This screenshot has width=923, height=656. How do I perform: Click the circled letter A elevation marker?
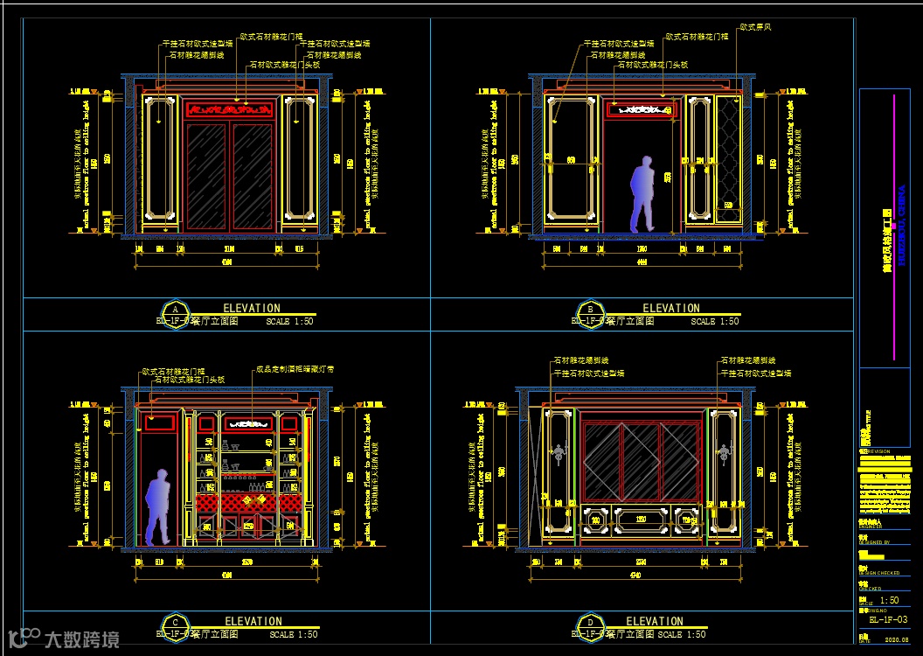pyautogui.click(x=176, y=312)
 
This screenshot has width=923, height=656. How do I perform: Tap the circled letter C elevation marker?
pyautogui.click(x=176, y=625)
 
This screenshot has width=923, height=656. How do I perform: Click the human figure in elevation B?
pyautogui.click(x=643, y=194)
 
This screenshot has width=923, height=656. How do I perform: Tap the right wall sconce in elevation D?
pyautogui.click(x=722, y=452)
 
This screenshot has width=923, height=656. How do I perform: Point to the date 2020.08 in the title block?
pyautogui.click(x=897, y=639)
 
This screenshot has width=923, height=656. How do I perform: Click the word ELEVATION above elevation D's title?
pyautogui.click(x=655, y=621)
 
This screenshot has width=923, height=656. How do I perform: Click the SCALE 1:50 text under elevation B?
pyautogui.click(x=714, y=322)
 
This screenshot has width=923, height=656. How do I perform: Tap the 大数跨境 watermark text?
pyautogui.click(x=82, y=639)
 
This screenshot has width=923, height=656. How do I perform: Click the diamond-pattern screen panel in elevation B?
pyautogui.click(x=726, y=157)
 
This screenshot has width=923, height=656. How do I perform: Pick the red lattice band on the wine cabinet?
pyautogui.click(x=249, y=501)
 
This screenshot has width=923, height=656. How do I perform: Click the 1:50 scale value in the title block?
pyautogui.click(x=889, y=601)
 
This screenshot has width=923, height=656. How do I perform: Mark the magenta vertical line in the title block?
pyautogui.click(x=894, y=227)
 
